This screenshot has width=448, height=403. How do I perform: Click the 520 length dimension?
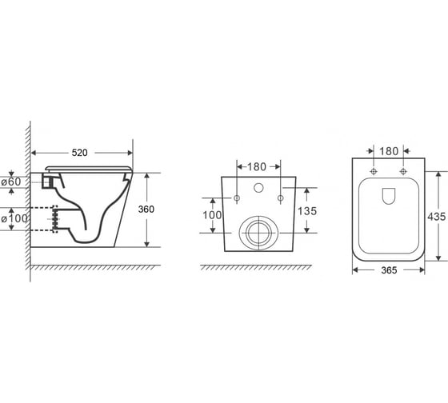point(79,153)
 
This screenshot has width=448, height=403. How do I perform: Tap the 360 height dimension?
point(146,209)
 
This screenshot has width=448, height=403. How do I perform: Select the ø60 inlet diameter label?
point(11,182)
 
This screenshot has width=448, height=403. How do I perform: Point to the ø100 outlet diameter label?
point(14,219)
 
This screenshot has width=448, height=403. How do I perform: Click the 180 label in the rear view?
point(257,167)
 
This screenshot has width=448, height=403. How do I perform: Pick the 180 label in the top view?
point(389,151)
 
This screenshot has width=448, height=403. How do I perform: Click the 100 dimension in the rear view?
point(212,215)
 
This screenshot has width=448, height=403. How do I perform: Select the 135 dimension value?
point(307,211)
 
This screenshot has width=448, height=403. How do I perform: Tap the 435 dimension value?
point(437,217)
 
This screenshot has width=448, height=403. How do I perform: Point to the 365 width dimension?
point(389,270)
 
